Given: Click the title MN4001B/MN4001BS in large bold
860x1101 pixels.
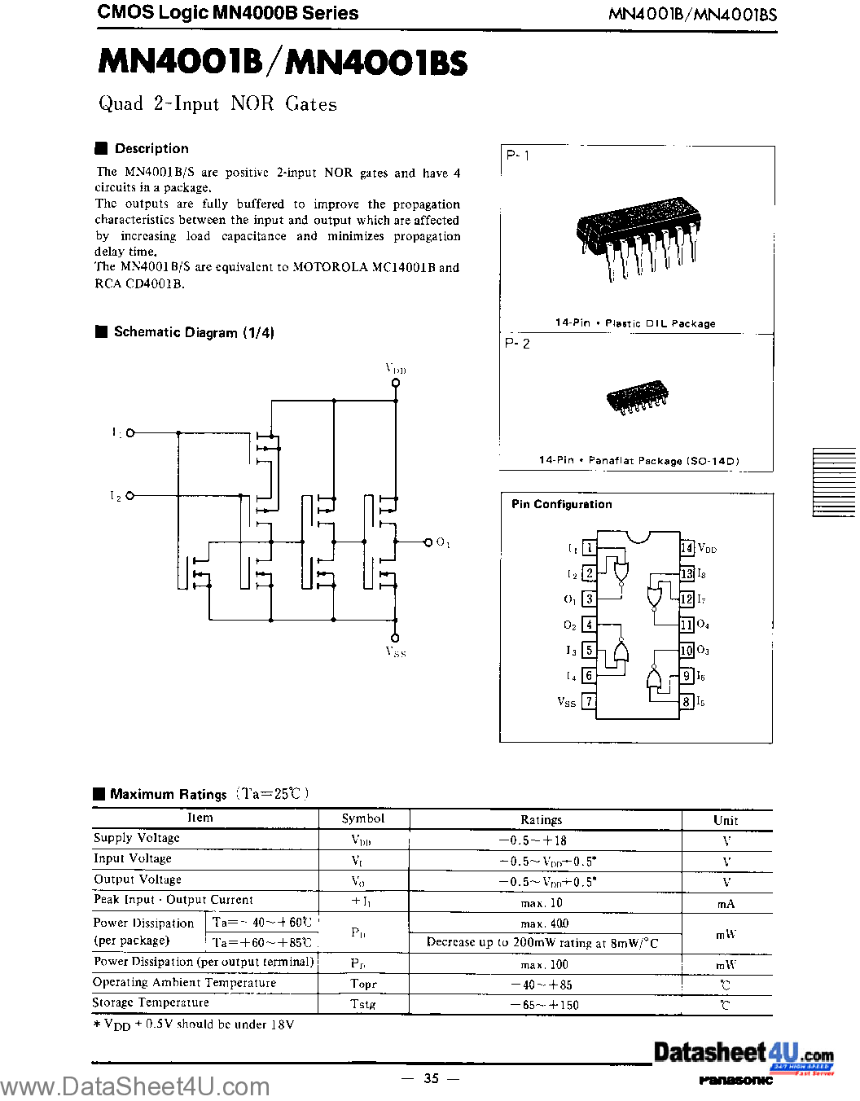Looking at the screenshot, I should click(x=283, y=63).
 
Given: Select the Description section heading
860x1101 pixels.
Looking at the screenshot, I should click(x=151, y=148).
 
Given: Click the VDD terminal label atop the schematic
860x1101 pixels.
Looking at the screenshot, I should click(x=396, y=369).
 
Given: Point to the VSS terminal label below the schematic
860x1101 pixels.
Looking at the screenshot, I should click(x=396, y=651).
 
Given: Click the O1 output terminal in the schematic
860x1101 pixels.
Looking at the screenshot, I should click(x=428, y=542).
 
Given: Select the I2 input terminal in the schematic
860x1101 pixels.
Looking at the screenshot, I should click(x=130, y=495).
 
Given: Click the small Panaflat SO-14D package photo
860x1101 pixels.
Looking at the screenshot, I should click(x=638, y=397).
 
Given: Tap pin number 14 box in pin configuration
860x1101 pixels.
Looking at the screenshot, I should click(x=687, y=548).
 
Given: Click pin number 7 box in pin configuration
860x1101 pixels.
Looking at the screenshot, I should click(x=589, y=701).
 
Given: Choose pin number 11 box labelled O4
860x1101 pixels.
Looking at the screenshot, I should click(x=687, y=625).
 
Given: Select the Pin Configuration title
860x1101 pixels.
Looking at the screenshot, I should click(x=561, y=504).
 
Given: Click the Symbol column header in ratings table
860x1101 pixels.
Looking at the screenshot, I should click(x=362, y=818).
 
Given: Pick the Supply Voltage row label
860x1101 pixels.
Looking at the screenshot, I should click(x=137, y=838).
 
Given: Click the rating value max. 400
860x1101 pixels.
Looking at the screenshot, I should click(x=544, y=923).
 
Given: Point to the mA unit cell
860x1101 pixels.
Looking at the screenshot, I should click(x=726, y=904).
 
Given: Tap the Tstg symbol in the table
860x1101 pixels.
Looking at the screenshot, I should click(x=363, y=1004).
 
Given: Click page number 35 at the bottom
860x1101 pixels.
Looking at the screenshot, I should click(x=431, y=1078).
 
